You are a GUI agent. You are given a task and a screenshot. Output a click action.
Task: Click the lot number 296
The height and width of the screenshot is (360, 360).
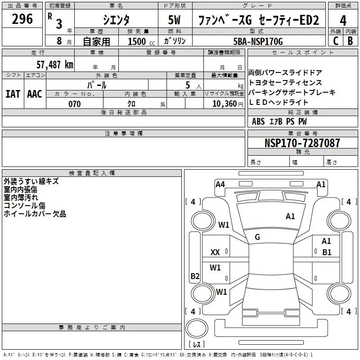(x=22, y=19)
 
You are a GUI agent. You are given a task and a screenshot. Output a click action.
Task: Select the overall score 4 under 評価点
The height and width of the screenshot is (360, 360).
(x=343, y=21)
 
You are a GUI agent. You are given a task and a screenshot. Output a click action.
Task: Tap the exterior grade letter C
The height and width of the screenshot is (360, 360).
(x=336, y=41)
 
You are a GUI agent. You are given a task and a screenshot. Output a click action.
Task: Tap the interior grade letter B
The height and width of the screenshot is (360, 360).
(x=350, y=41)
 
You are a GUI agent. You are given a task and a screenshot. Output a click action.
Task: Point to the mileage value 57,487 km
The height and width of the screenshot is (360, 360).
(x=55, y=64)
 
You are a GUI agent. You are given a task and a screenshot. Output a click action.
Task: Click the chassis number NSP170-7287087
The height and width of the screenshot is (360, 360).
(x=302, y=143)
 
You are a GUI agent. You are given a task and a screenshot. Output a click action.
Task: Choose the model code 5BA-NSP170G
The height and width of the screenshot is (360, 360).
(x=258, y=41)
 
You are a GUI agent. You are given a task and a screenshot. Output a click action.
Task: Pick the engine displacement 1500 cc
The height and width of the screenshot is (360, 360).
(x=141, y=41)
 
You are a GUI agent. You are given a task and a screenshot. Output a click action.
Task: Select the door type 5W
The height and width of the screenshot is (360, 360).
(x=174, y=20)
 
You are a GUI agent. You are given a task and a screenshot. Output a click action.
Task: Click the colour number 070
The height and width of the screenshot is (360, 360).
(x=75, y=104)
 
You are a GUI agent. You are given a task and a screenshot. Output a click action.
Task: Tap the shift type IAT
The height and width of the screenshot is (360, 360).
(x=13, y=94)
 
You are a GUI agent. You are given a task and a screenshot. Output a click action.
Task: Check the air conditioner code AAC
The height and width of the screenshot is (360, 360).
(x=35, y=94)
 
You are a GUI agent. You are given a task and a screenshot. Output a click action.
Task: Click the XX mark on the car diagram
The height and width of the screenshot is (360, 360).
(x=215, y=252)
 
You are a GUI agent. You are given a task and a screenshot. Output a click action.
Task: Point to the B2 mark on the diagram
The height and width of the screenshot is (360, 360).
(x=195, y=276)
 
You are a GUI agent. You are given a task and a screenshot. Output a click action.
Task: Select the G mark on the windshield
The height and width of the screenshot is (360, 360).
(x=257, y=237)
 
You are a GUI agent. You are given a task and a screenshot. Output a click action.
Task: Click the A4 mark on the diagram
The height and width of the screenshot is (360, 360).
(x=220, y=184)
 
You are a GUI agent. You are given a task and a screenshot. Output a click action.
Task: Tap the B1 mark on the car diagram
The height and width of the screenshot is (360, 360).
(x=327, y=252)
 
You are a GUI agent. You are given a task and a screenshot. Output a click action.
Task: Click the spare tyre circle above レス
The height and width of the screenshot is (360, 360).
(x=197, y=328)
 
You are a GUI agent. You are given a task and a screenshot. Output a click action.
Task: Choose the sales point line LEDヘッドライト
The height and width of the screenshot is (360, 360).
(x=279, y=103)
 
